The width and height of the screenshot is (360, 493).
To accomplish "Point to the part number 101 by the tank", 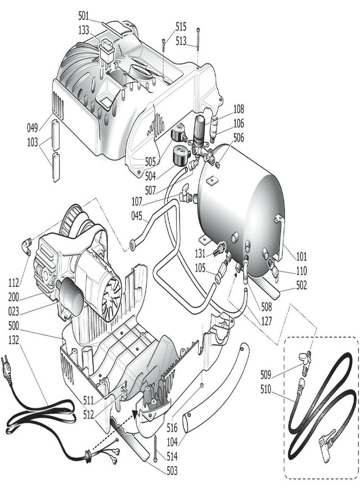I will [301, 257].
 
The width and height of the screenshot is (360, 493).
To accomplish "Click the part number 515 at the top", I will [181, 26].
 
